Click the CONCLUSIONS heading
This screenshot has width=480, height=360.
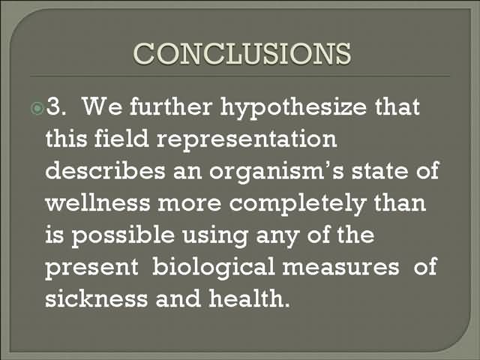tap(242, 53)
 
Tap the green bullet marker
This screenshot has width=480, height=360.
tap(37, 108)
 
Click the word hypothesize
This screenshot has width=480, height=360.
tap(293, 108)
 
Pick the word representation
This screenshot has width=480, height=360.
tap(247, 140)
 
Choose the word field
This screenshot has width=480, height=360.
tap(121, 138)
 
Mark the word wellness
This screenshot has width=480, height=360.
tap(98, 202)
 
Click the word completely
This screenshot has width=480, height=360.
tap(298, 205)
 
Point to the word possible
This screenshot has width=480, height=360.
tap(123, 236)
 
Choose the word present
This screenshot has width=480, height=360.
tap(91, 268)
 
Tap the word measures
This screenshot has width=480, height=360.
tap(340, 267)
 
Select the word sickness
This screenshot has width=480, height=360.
tap(97, 298)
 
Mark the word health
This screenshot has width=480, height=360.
tap(249, 298)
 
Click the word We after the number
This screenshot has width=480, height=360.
tap(102, 106)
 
